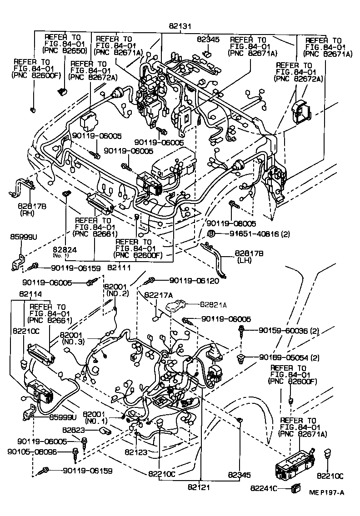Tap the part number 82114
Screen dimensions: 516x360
[30, 294]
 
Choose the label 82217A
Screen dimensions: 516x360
[159, 295]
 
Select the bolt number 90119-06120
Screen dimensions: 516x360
[194, 281]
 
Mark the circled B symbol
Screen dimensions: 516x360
[211, 234]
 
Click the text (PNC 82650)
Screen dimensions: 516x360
[64, 51]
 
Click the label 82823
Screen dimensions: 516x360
[73, 429]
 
